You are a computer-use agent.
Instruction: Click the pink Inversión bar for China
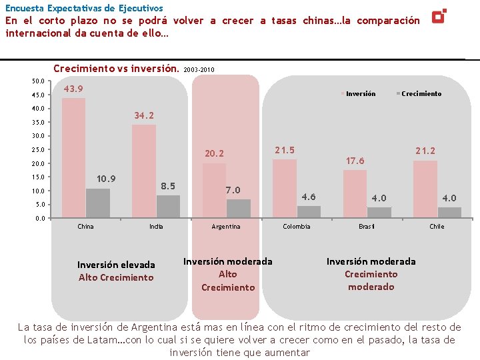point(73,158)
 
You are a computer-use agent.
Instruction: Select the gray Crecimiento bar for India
point(168,207)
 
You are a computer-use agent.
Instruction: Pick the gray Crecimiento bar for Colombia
point(309,211)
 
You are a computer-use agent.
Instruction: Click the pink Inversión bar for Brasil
point(355,194)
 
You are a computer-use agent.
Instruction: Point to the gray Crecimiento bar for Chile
point(449,213)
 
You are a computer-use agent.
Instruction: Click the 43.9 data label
point(74,89)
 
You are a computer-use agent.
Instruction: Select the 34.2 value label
point(144,115)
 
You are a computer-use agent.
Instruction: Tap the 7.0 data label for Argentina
point(233,190)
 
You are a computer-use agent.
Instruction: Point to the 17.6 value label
point(355,161)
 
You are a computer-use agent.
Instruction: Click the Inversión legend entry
point(360,94)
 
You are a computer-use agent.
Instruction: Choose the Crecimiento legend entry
point(421,94)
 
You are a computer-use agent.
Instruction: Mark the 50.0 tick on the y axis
point(39,81)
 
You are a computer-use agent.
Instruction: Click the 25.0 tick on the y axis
point(39,150)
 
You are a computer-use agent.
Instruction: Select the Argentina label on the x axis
point(226,227)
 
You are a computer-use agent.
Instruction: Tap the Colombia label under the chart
point(297,227)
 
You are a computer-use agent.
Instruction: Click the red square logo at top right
point(439,16)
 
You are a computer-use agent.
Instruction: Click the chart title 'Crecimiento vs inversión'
point(116,68)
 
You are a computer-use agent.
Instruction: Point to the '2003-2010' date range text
point(199,69)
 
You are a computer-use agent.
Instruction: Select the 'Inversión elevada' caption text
point(116,265)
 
